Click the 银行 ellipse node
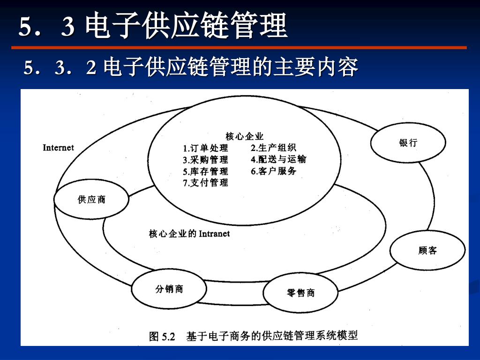(408, 143)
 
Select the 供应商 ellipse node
(91, 200)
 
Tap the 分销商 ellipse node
(169, 289)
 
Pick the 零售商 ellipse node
(300, 293)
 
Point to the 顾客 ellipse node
(427, 251)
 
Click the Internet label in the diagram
(59, 148)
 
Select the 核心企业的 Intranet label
(189, 233)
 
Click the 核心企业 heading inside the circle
(245, 136)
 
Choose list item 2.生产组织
(273, 148)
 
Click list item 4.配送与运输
(278, 159)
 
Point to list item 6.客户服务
(273, 171)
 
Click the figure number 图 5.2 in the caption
(162, 336)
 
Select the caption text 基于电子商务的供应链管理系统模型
(272, 336)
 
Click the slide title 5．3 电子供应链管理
(153, 27)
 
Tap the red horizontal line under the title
(239, 47)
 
